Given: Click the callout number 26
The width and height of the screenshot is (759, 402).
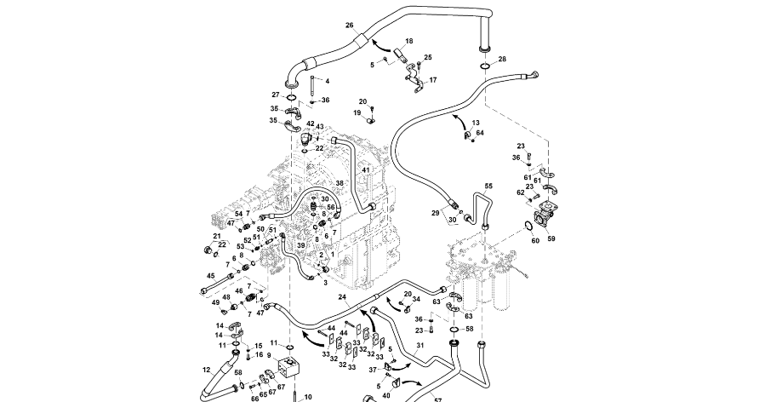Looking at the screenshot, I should pyautogui.click(x=349, y=26).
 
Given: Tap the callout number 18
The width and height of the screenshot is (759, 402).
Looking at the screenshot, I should pyautogui.click(x=409, y=41).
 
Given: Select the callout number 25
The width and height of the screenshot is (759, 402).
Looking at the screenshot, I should pyautogui.click(x=428, y=57).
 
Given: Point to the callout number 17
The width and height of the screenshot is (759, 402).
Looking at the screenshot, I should pyautogui.click(x=432, y=80).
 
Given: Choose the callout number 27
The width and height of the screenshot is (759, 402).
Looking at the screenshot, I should pyautogui.click(x=276, y=95).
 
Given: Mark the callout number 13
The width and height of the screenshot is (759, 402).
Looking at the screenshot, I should pyautogui.click(x=476, y=123).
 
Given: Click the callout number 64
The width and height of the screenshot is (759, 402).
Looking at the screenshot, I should pyautogui.click(x=480, y=133).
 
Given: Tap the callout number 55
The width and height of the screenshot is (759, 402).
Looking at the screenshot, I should pyautogui.click(x=488, y=186).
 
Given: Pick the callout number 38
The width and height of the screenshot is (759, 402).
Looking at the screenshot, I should pyautogui.click(x=339, y=183).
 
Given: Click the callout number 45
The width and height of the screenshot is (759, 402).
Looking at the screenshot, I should pyautogui.click(x=211, y=275).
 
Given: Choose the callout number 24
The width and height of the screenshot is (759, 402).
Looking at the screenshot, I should pyautogui.click(x=341, y=297).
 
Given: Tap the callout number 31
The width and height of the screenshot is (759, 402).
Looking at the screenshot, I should pyautogui.click(x=419, y=344).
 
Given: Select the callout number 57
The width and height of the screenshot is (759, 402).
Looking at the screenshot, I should pyautogui.click(x=438, y=399).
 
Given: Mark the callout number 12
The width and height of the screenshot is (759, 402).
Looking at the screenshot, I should pyautogui.click(x=206, y=370).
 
